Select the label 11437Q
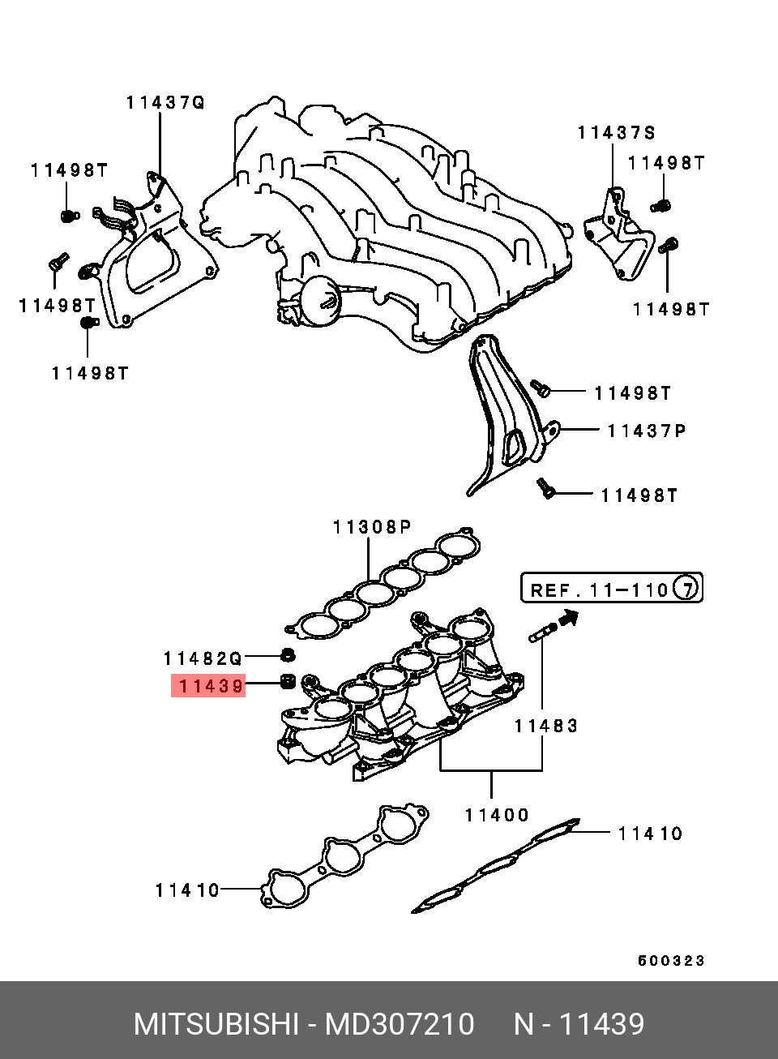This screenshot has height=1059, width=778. click(x=165, y=102)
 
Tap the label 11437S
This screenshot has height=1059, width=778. click(x=616, y=132)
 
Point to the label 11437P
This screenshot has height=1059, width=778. click(x=646, y=431)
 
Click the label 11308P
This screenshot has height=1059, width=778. click(x=372, y=527)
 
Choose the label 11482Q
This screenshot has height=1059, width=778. click(x=203, y=658)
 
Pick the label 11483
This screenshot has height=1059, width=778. click(x=546, y=726)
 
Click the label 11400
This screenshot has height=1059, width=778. click(x=497, y=815)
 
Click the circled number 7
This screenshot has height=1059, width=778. click(x=686, y=587)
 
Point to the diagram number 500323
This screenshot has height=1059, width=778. click(x=671, y=961)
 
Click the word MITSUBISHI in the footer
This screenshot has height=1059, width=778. click(x=216, y=1024)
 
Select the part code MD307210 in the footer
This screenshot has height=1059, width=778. click(x=400, y=1024)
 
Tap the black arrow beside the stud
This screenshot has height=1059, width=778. click(x=570, y=619)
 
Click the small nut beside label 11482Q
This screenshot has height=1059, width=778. click(x=287, y=654)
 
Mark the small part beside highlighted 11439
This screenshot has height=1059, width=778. click(x=287, y=682)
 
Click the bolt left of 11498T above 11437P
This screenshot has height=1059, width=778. click(x=541, y=388)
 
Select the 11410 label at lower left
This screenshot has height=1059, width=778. click(x=187, y=890)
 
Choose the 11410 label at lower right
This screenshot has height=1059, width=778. click(x=650, y=834)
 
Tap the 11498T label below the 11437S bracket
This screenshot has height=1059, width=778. click(x=671, y=309)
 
